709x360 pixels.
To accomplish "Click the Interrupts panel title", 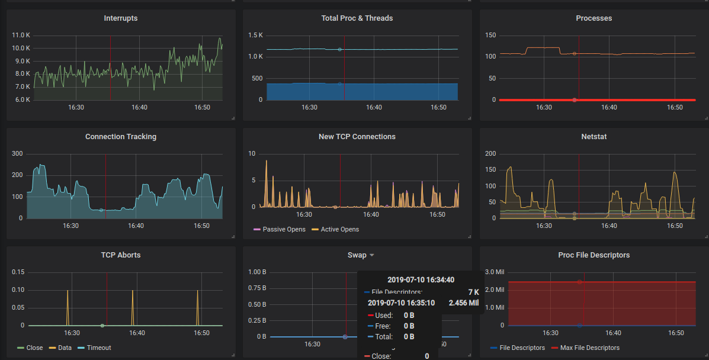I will pos(120,18).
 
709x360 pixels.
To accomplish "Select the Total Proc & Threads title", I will pos(357,18).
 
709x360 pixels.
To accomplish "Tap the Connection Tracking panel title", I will pos(120,137).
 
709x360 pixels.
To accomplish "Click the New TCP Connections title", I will pos(357,137).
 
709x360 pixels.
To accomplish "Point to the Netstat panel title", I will pos(593,137).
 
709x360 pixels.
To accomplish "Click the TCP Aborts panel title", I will pos(120,255).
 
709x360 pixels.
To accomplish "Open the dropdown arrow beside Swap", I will pos(372,255).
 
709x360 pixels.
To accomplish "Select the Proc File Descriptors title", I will pos(593,255).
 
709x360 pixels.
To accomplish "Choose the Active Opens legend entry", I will pos(339,229).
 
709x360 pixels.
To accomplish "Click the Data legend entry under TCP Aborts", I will pos(64,348).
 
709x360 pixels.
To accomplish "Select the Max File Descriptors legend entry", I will pos(589,348).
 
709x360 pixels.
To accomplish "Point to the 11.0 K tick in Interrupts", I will pos(21,36).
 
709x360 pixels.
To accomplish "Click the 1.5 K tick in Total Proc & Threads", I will pos(256,36).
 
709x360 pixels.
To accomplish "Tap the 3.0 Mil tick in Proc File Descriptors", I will pos(493,272).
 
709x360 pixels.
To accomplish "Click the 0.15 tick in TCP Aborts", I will pos(18,272).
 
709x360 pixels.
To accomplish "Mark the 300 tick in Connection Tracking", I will pos(17,154).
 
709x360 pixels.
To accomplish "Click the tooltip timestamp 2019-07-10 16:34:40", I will pos(421,279).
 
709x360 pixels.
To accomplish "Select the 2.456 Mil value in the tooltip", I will pos(464,303).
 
